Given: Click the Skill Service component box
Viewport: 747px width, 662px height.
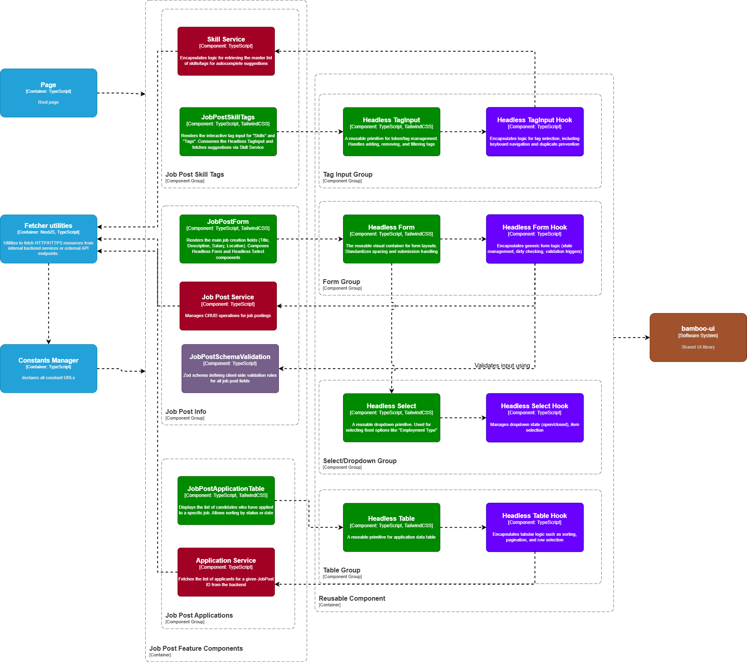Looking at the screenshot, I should (226, 51).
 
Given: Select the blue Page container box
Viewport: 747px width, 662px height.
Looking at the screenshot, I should (48, 93).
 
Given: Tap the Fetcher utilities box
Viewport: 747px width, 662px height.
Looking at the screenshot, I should (48, 239).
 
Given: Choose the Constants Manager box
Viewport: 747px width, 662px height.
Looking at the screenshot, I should (48, 368).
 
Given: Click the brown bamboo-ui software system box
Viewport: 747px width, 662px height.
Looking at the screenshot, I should (698, 337).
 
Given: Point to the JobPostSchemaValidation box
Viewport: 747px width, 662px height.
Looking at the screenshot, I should (230, 368).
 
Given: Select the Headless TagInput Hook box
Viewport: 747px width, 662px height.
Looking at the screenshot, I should (534, 132).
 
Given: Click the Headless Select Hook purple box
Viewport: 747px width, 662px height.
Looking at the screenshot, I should (534, 418).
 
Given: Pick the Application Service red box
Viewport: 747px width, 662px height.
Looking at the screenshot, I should (226, 572).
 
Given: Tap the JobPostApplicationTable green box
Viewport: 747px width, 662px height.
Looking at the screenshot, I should (226, 500).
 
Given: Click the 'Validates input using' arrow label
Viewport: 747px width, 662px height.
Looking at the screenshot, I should (502, 365).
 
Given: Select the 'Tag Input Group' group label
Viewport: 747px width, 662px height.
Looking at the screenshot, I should (347, 174).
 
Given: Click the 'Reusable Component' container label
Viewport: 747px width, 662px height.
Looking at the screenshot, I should (352, 598).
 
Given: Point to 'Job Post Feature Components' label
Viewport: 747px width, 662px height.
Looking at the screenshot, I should (196, 648).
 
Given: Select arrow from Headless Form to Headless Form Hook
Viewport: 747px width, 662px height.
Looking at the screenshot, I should (463, 239).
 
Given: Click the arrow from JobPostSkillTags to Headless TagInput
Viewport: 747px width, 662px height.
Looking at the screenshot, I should (310, 132).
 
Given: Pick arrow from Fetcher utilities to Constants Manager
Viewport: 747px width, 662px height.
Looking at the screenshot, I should (48, 303).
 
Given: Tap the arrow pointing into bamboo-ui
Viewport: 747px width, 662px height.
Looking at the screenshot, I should (632, 337).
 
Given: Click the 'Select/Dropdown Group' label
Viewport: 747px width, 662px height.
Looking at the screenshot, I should (360, 461).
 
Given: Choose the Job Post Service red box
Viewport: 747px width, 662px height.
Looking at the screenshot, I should (228, 306).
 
